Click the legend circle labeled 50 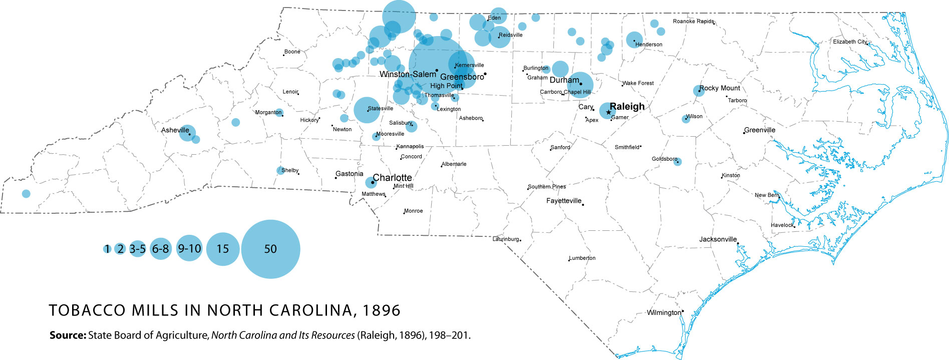(x=270, y=249)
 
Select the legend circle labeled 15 (x=223, y=249)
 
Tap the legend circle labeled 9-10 (x=189, y=248)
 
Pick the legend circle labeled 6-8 (x=161, y=248)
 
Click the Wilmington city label (x=664, y=313)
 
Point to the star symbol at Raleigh (x=608, y=112)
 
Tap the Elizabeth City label (x=849, y=42)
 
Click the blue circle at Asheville (x=187, y=134)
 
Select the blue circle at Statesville (x=367, y=110)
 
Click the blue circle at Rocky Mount (x=699, y=91)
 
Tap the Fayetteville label (x=564, y=201)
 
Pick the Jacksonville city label (x=718, y=239)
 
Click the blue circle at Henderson (x=635, y=40)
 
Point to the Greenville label (x=760, y=130)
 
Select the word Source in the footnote (x=68, y=335)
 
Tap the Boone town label (x=292, y=52)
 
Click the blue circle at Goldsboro (x=678, y=162)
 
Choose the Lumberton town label (x=582, y=258)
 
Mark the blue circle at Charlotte (x=371, y=182)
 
